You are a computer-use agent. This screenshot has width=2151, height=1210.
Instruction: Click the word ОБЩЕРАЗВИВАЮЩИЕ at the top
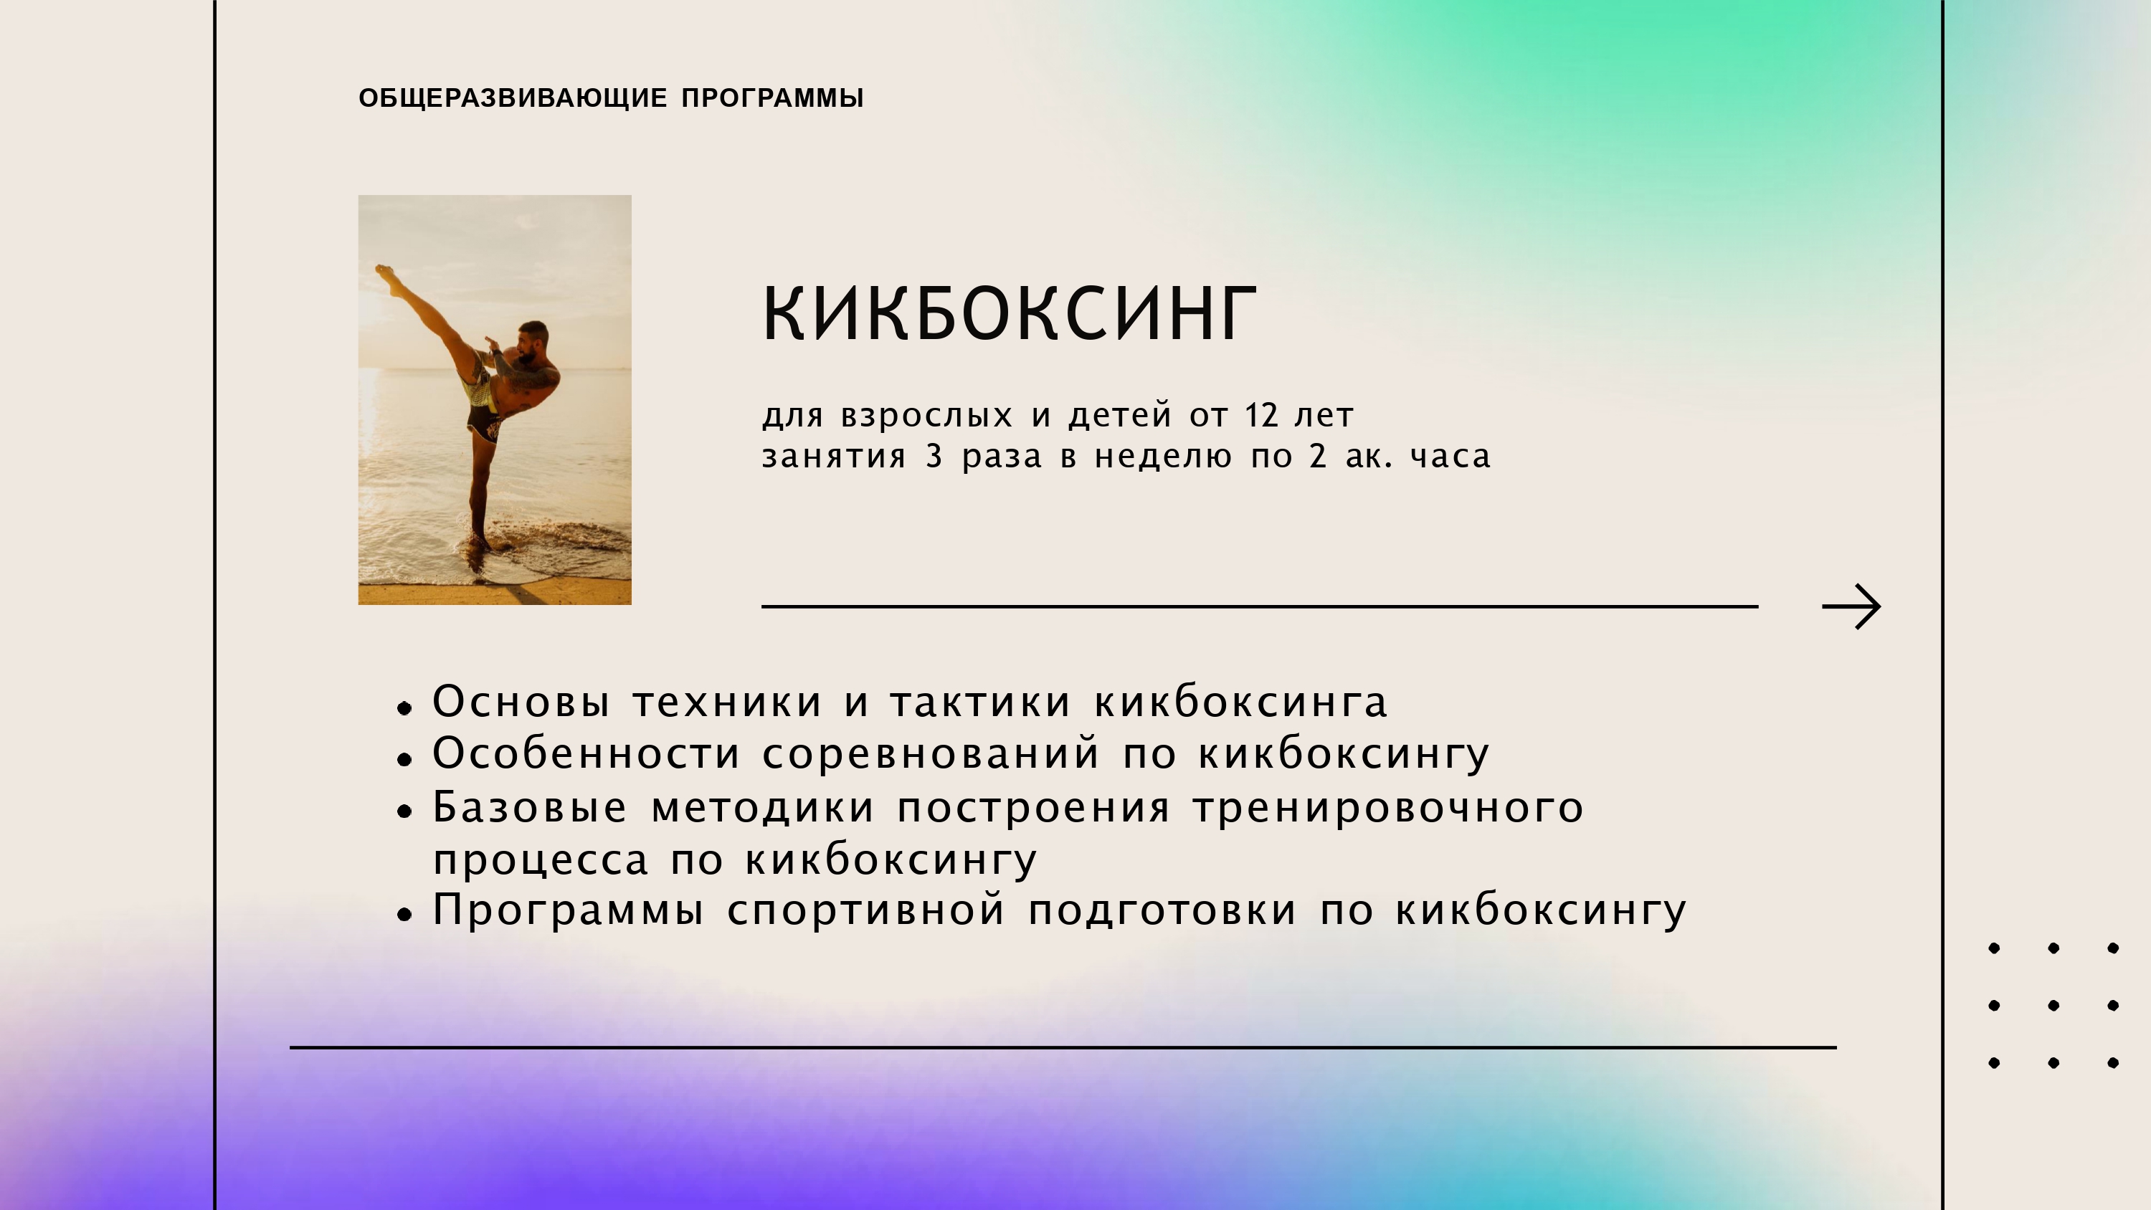tap(513, 97)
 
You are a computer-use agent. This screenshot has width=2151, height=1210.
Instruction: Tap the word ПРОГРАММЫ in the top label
tap(772, 97)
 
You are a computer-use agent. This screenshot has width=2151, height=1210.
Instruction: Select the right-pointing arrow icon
tap(1851, 606)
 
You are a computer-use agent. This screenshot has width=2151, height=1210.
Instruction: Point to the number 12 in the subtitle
tap(1262, 415)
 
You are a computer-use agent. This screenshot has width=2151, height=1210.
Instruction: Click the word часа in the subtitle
tap(1450, 457)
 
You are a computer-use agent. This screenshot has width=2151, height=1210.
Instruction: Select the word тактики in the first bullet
tap(979, 702)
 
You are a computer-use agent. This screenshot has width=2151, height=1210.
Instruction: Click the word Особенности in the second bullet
tap(587, 753)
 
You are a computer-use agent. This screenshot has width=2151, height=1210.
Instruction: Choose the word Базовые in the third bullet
tap(529, 806)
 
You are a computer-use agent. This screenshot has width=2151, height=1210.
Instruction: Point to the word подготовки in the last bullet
tap(1162, 910)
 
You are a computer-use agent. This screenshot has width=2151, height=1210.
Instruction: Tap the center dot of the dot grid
tap(2053, 1006)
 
